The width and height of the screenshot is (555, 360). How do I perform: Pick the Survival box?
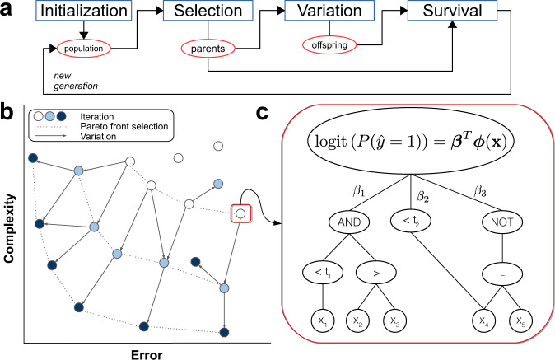pos(453,12)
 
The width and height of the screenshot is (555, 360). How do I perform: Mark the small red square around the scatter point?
pos(240,214)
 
